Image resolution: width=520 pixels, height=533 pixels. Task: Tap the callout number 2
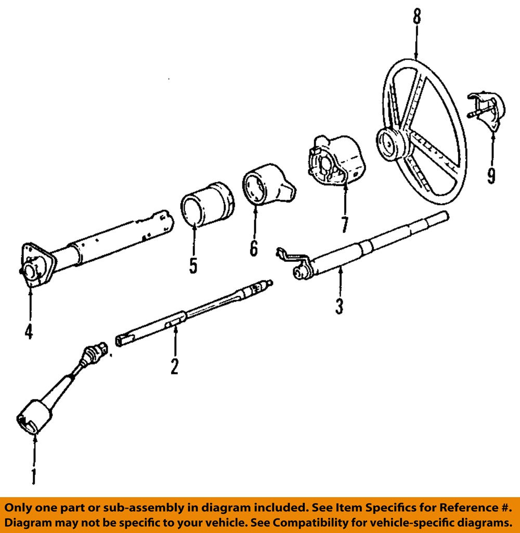(174, 366)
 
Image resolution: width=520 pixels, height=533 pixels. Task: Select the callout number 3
(339, 306)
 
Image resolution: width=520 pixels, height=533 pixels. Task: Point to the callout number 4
(29, 331)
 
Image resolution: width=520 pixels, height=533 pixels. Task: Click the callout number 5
(193, 265)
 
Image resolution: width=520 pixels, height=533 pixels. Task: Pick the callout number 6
(253, 248)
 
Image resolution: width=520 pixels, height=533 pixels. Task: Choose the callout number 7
(344, 224)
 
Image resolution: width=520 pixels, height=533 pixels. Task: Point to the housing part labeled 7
(335, 161)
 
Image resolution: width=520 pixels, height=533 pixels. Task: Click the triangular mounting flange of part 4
(36, 264)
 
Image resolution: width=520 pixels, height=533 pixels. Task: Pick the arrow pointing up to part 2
(175, 340)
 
